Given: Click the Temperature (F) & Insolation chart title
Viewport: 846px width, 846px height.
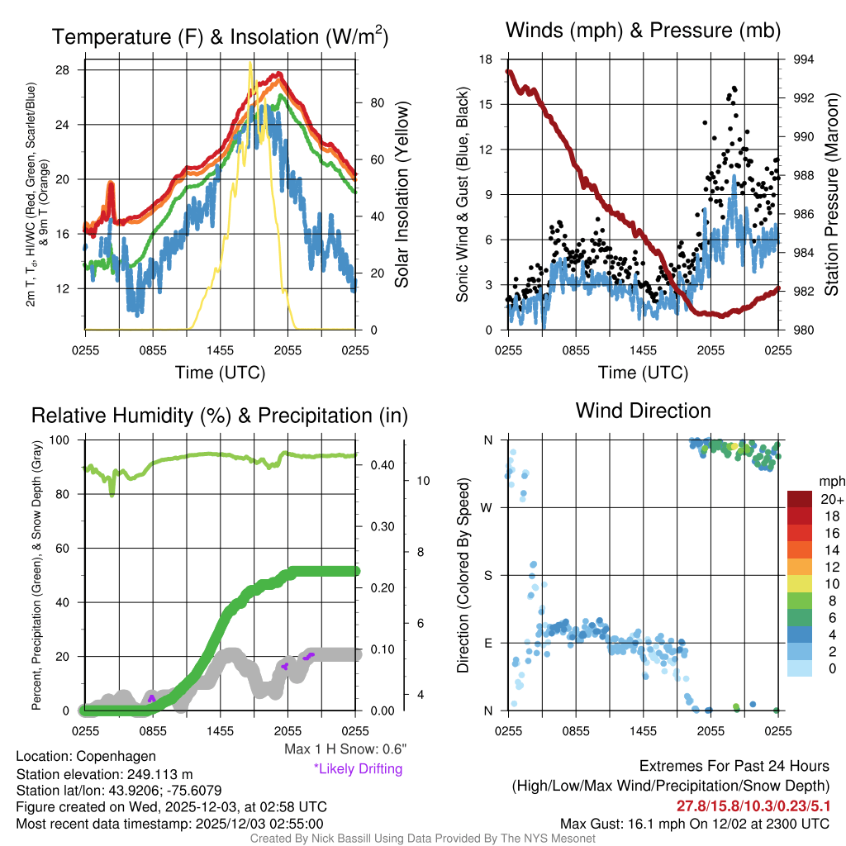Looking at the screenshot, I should tap(221, 37).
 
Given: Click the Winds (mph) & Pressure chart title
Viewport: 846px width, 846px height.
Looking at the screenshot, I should tap(644, 31).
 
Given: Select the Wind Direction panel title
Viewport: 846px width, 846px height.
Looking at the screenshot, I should tap(643, 411).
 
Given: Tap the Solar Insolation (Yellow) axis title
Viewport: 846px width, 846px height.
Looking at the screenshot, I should tap(402, 195).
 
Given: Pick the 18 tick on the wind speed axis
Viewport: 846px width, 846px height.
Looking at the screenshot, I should tap(486, 59).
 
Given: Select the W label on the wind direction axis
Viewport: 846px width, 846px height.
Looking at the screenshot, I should tap(488, 507).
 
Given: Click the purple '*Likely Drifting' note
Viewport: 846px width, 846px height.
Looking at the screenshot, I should tap(357, 768).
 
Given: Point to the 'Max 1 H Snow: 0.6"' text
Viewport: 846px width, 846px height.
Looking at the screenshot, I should tap(345, 749).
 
